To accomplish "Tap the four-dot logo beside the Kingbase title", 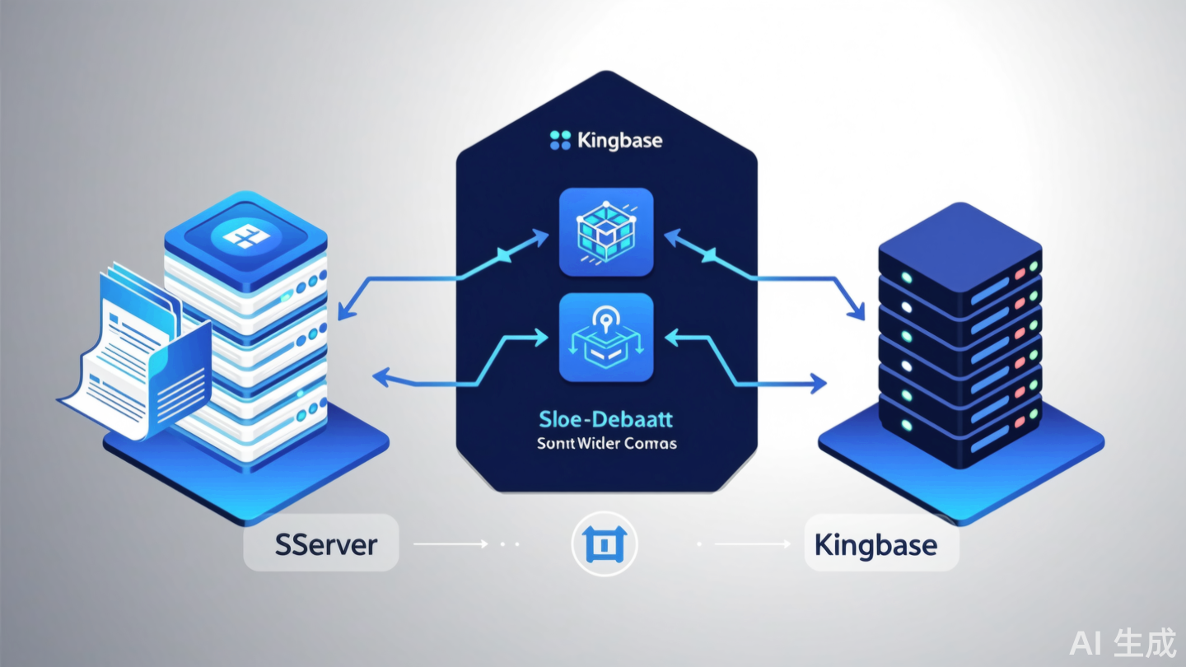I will [560, 141].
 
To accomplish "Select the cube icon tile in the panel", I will [605, 232].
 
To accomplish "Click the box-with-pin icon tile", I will [605, 338].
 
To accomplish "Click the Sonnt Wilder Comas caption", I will [605, 444].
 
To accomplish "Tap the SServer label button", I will [321, 544].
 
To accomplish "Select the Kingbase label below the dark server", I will [880, 544].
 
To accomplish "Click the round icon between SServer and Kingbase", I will [605, 544].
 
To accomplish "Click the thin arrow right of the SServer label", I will [449, 544].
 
